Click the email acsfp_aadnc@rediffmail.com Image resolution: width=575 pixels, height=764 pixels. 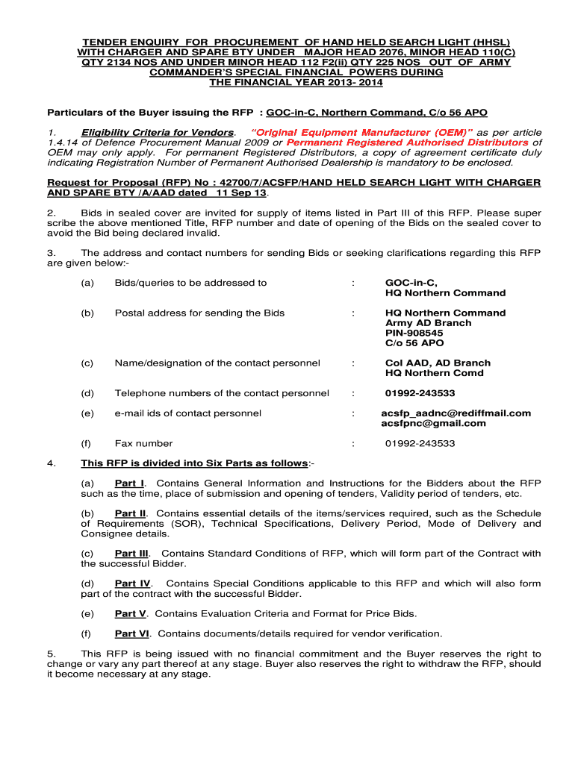click(x=456, y=413)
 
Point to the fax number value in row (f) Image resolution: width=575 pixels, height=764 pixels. click(x=420, y=443)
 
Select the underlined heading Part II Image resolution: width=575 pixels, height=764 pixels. click(x=131, y=513)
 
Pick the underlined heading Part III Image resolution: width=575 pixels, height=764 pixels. click(x=132, y=553)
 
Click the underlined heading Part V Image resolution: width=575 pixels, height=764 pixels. click(x=130, y=613)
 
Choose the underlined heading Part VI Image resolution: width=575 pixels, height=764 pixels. click(x=132, y=633)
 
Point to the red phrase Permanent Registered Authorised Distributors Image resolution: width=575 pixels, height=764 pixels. click(x=408, y=143)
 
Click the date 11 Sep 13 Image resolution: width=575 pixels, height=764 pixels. click(x=241, y=192)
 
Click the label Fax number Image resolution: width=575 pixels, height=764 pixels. click(x=143, y=443)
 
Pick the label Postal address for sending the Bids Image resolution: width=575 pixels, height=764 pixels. click(x=199, y=313)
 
